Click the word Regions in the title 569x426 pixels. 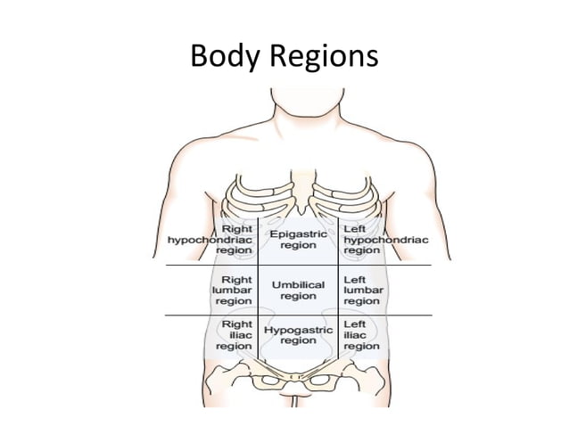323,58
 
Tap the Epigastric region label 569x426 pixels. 298,239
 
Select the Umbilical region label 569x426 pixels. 298,290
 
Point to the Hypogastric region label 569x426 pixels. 298,335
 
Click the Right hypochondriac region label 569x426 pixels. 210,240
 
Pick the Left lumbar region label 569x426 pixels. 364,290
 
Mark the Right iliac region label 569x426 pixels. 234,335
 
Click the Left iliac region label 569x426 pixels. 361,335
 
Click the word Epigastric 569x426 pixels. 298,233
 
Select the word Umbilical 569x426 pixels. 298,284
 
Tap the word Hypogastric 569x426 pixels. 298,330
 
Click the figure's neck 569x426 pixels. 285,111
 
